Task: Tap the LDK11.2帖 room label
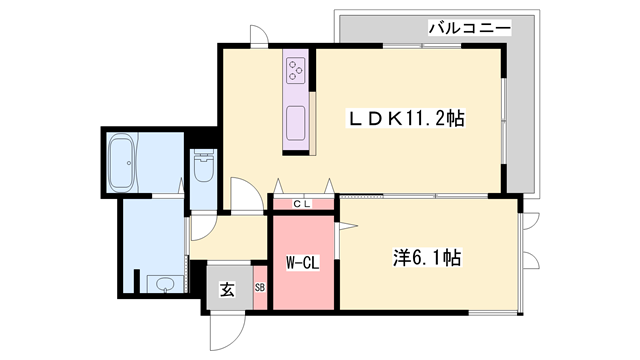click(406, 118)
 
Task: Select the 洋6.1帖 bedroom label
click(425, 257)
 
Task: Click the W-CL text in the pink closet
click(302, 264)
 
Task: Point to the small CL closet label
click(302, 203)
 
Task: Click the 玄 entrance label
click(227, 291)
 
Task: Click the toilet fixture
click(204, 166)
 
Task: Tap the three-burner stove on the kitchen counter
click(298, 69)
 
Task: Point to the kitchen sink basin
click(297, 126)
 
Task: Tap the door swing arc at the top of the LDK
click(259, 36)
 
